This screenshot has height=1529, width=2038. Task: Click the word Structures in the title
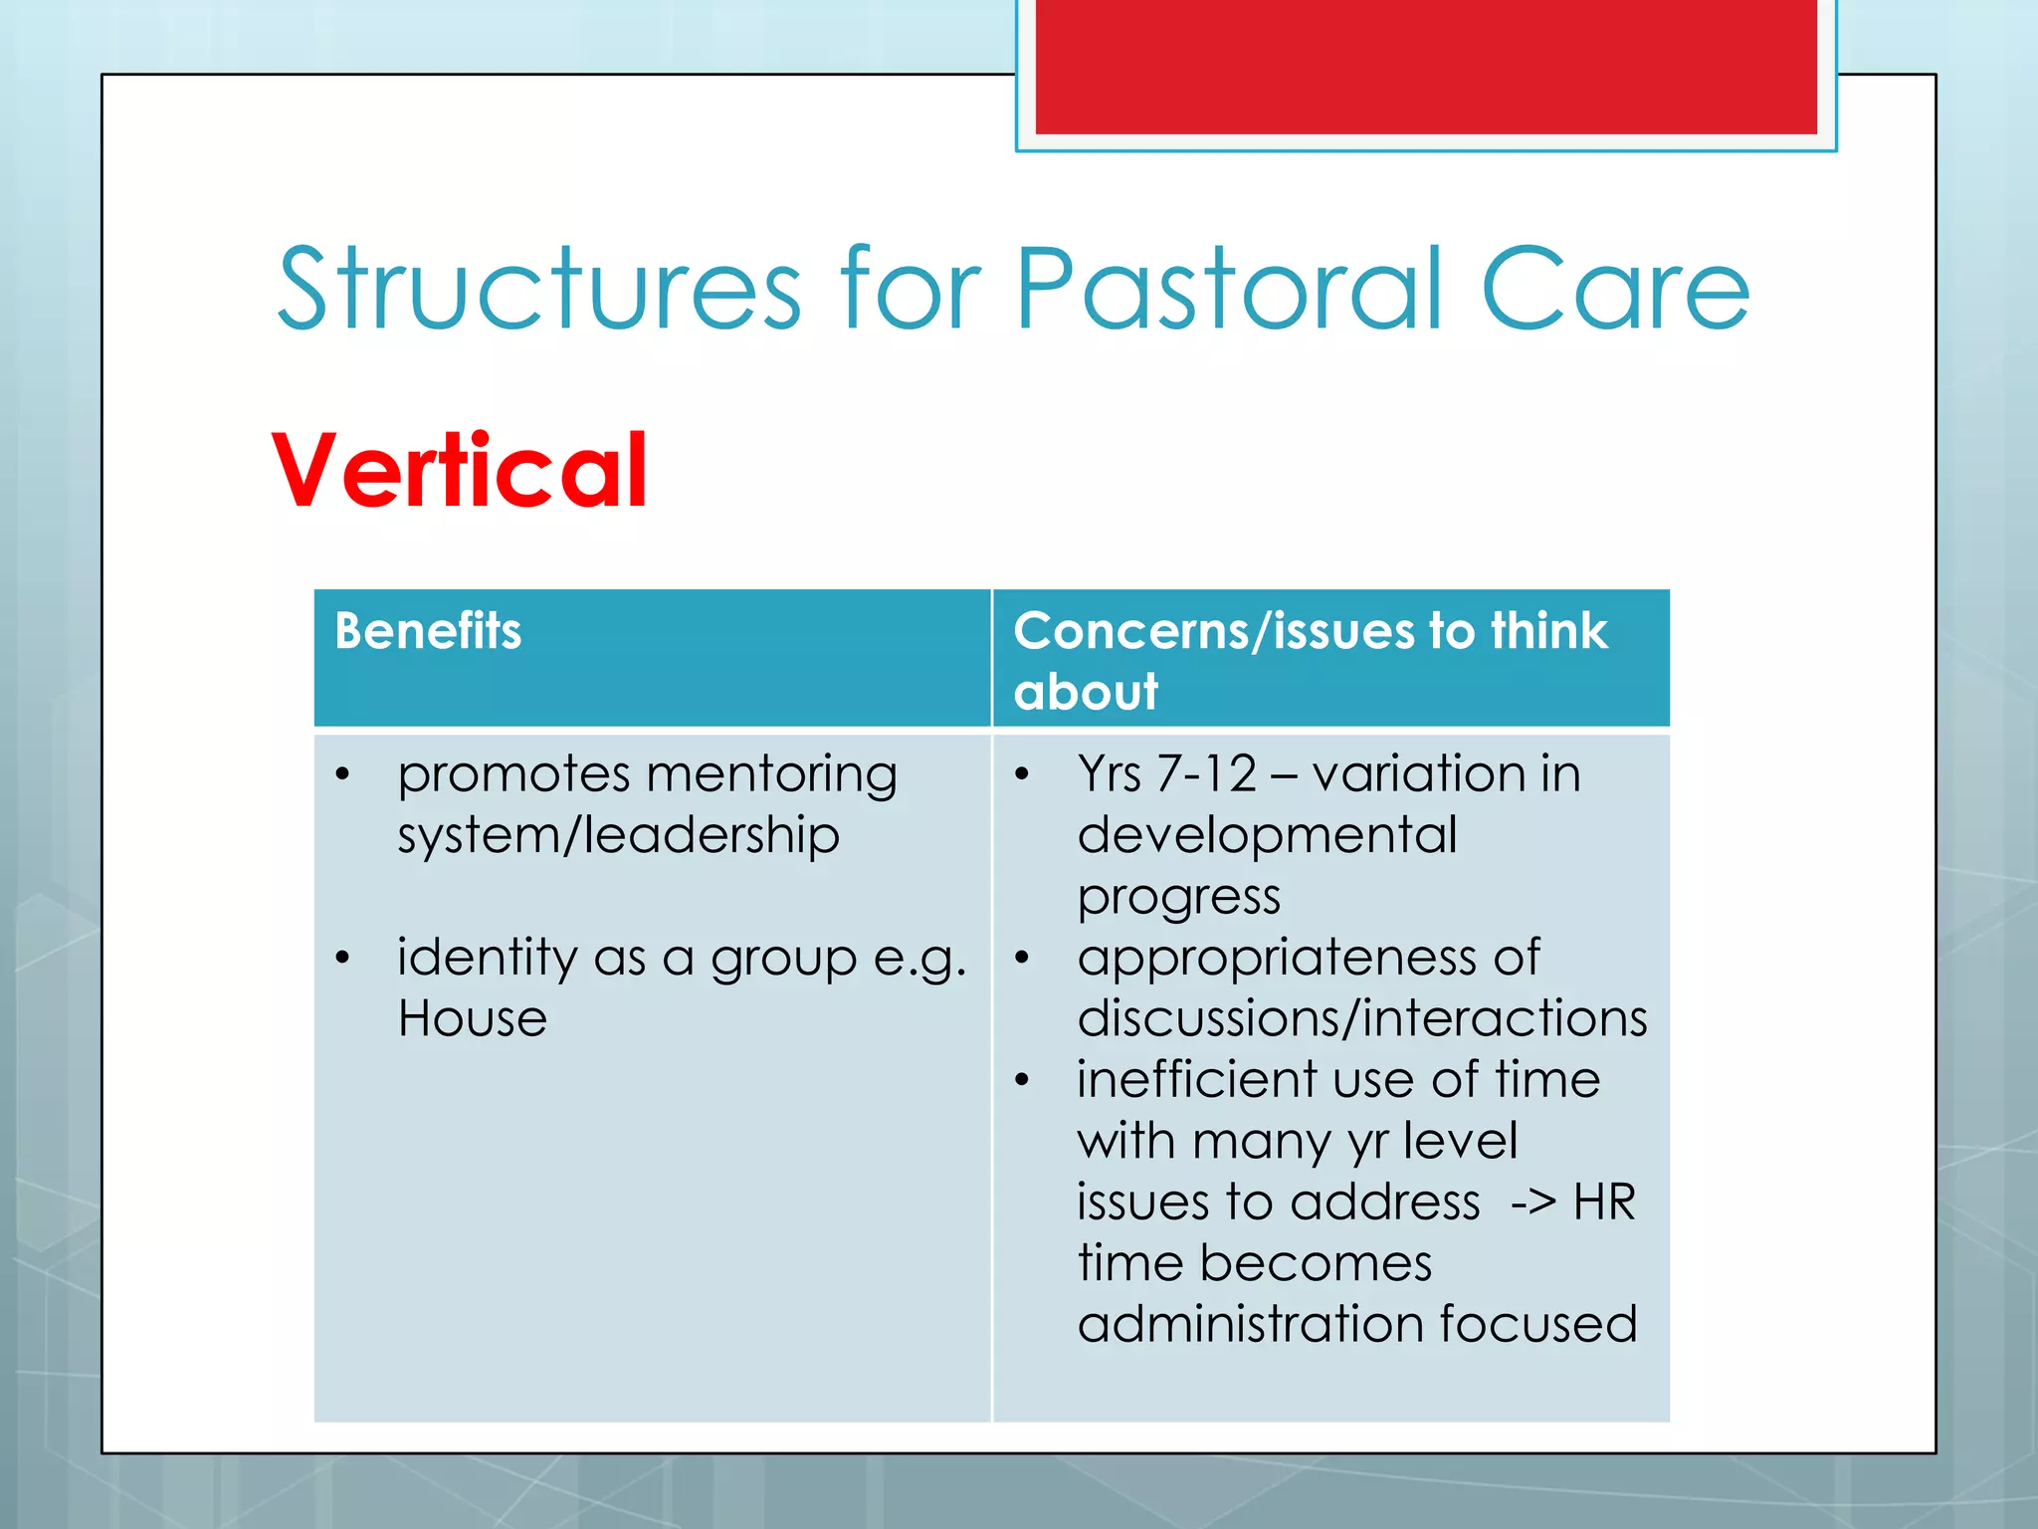pos(538,290)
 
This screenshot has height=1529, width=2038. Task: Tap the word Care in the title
pos(1614,290)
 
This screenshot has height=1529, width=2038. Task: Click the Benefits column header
pos(428,631)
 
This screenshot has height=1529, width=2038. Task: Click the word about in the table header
pos(1086,692)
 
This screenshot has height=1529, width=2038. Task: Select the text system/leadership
pos(618,835)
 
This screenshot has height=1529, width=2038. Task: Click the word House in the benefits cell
pos(473,1019)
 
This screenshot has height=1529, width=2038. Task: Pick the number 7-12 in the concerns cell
pos(1207,774)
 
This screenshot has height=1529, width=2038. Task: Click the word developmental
pos(1267,835)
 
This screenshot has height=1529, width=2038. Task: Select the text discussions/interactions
pos(1362,1019)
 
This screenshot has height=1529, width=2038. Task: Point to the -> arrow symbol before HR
pos(1532,1202)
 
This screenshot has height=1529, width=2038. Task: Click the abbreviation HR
pos(1604,1202)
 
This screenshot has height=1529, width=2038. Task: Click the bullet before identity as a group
pos(342,959)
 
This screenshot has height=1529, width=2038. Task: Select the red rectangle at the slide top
pos(1425,66)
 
